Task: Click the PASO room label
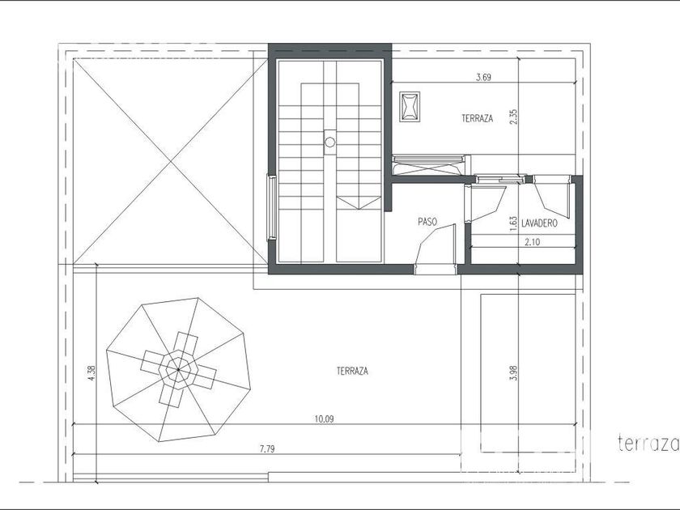tap(427, 222)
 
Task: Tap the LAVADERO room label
tap(539, 223)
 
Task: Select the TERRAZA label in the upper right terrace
tap(477, 118)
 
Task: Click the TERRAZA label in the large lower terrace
tap(352, 371)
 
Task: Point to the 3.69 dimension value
tap(483, 78)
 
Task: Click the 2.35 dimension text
tap(513, 117)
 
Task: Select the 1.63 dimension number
tap(513, 223)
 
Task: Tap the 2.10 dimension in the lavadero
tap(532, 242)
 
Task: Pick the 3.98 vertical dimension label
tap(514, 373)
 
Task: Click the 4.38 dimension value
tap(91, 373)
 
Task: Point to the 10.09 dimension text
tap(324, 419)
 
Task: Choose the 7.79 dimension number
tap(267, 448)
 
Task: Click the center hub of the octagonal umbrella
tap(178, 369)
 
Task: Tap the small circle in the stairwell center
tap(330, 142)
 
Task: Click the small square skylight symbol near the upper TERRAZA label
tap(410, 107)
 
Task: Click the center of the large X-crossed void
tap(171, 161)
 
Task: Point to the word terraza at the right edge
tap(648, 444)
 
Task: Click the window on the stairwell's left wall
tap(271, 207)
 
